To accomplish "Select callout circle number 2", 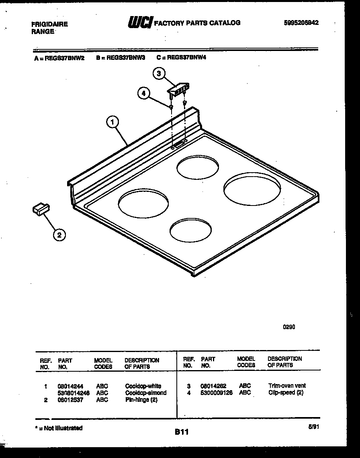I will pos(59,235).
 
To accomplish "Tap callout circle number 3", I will pos(159,73).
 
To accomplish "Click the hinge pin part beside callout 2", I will pos(41,209).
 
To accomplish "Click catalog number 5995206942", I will pos(301,23).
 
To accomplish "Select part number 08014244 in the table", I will pos(71,386).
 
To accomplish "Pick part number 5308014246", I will pos(74,393).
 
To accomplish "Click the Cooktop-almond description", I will pos(145,393).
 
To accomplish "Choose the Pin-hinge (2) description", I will pos(141,400).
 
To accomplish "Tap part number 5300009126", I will pos(217,393).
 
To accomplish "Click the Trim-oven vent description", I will pos(287,386).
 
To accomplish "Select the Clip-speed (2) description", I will pos(286,393).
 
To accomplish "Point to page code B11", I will pos(182,432).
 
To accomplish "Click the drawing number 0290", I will pos(289,327).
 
